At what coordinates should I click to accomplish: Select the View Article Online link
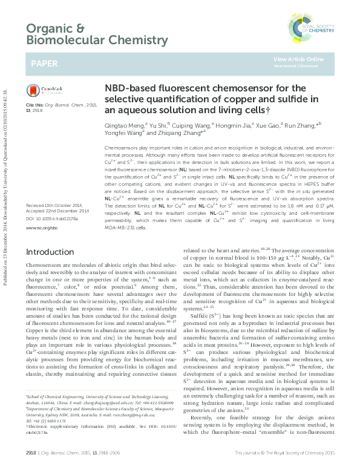[298, 59]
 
